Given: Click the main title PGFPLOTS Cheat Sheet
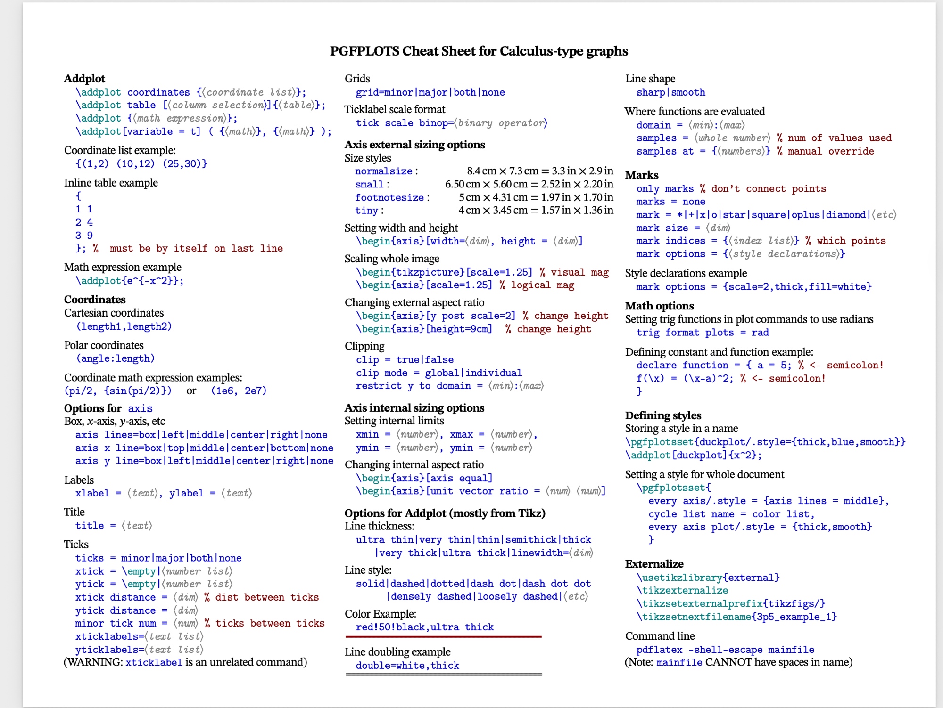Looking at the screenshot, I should tap(479, 51).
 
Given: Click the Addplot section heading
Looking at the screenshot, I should tap(84, 79).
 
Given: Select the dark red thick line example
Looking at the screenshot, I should tap(443, 637).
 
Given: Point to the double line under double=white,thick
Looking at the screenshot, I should tap(443, 675).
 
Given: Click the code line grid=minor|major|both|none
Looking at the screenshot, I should tap(430, 92).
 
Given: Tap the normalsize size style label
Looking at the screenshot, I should tap(384, 171).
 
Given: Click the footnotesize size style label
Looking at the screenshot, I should tap(389, 197).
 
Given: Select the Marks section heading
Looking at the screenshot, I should tap(642, 175).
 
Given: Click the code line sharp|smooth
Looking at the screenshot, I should tap(670, 92).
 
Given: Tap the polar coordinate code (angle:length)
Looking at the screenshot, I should tap(116, 358).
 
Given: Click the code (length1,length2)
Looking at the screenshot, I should tap(124, 326).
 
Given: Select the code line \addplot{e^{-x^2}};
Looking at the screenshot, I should tap(130, 281).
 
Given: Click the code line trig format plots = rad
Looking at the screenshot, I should tap(702, 333).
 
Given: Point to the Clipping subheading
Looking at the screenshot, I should tap(364, 346).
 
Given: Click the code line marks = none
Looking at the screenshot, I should tap(670, 202).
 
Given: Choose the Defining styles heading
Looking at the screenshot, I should tap(663, 415).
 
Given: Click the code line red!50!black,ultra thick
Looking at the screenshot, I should tap(424, 627).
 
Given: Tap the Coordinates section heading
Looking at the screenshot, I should tap(95, 300).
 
